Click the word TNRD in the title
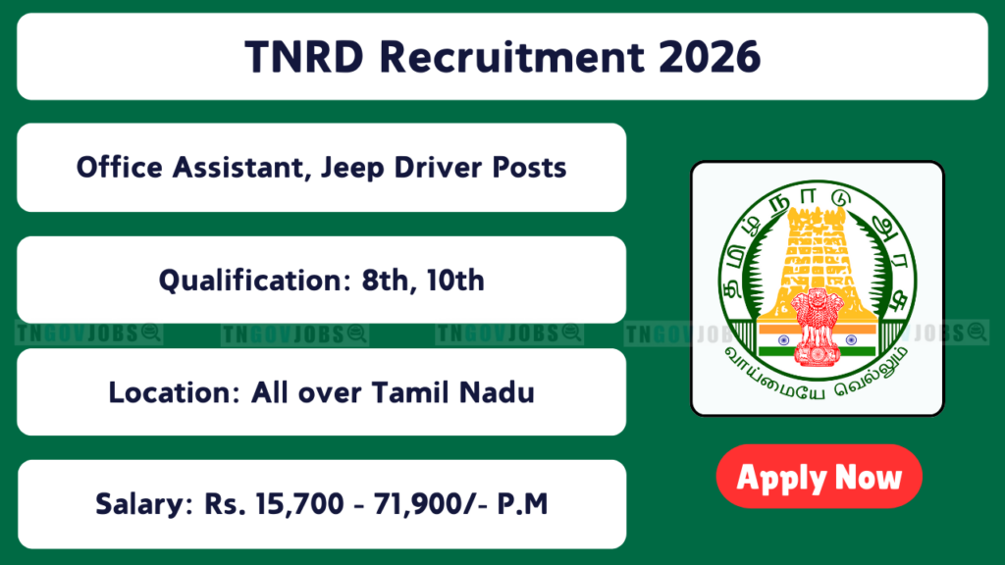304,56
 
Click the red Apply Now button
819,477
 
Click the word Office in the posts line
119,168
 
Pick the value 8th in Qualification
385,281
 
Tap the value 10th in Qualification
455,281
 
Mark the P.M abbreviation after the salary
522,504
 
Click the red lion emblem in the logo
817,327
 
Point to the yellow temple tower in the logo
817,263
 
